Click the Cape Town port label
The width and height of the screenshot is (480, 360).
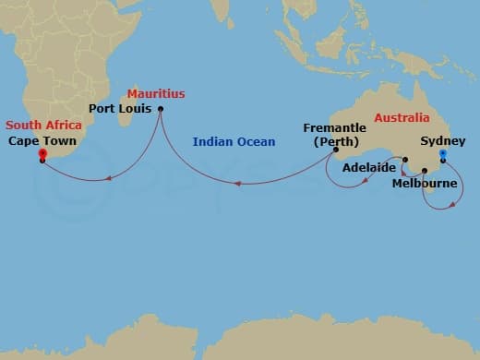(43, 141)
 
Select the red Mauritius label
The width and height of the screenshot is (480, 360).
(156, 94)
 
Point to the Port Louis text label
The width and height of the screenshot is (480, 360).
(120, 109)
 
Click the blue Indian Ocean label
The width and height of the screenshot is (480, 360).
(234, 142)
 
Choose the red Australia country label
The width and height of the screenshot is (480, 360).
(402, 118)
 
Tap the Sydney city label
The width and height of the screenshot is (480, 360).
(442, 141)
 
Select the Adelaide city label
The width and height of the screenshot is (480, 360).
(369, 168)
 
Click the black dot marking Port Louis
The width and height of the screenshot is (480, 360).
(161, 110)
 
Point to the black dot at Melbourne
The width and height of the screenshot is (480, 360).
(424, 171)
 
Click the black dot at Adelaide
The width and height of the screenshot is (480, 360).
(404, 161)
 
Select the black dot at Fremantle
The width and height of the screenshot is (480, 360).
(336, 150)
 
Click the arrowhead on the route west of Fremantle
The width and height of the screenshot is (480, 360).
(237, 183)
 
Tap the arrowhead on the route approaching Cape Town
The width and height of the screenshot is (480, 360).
(108, 178)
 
